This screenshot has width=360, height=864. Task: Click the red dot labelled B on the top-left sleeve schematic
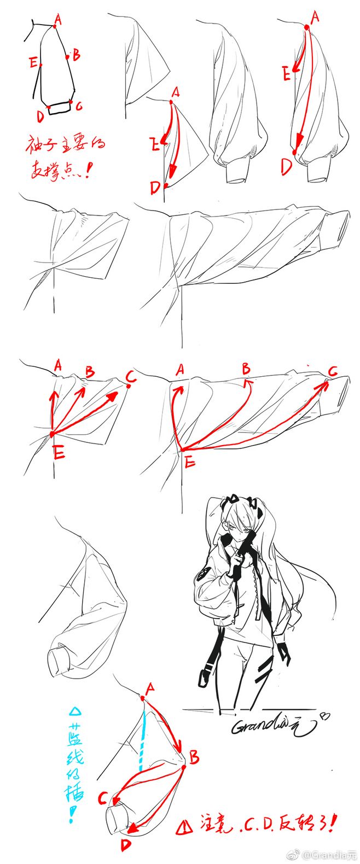pyautogui.click(x=67, y=56)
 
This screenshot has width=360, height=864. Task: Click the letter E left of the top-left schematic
pyautogui.click(x=33, y=62)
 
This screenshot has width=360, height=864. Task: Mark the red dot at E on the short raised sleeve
pyautogui.click(x=51, y=434)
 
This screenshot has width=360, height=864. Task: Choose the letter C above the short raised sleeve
pyautogui.click(x=130, y=377)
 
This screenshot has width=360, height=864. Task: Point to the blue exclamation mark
pyautogui.click(x=72, y=816)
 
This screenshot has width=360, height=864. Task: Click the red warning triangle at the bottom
pyautogui.click(x=181, y=828)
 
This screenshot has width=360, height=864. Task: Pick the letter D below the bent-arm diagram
pyautogui.click(x=126, y=845)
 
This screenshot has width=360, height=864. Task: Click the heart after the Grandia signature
pyautogui.click(x=325, y=716)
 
